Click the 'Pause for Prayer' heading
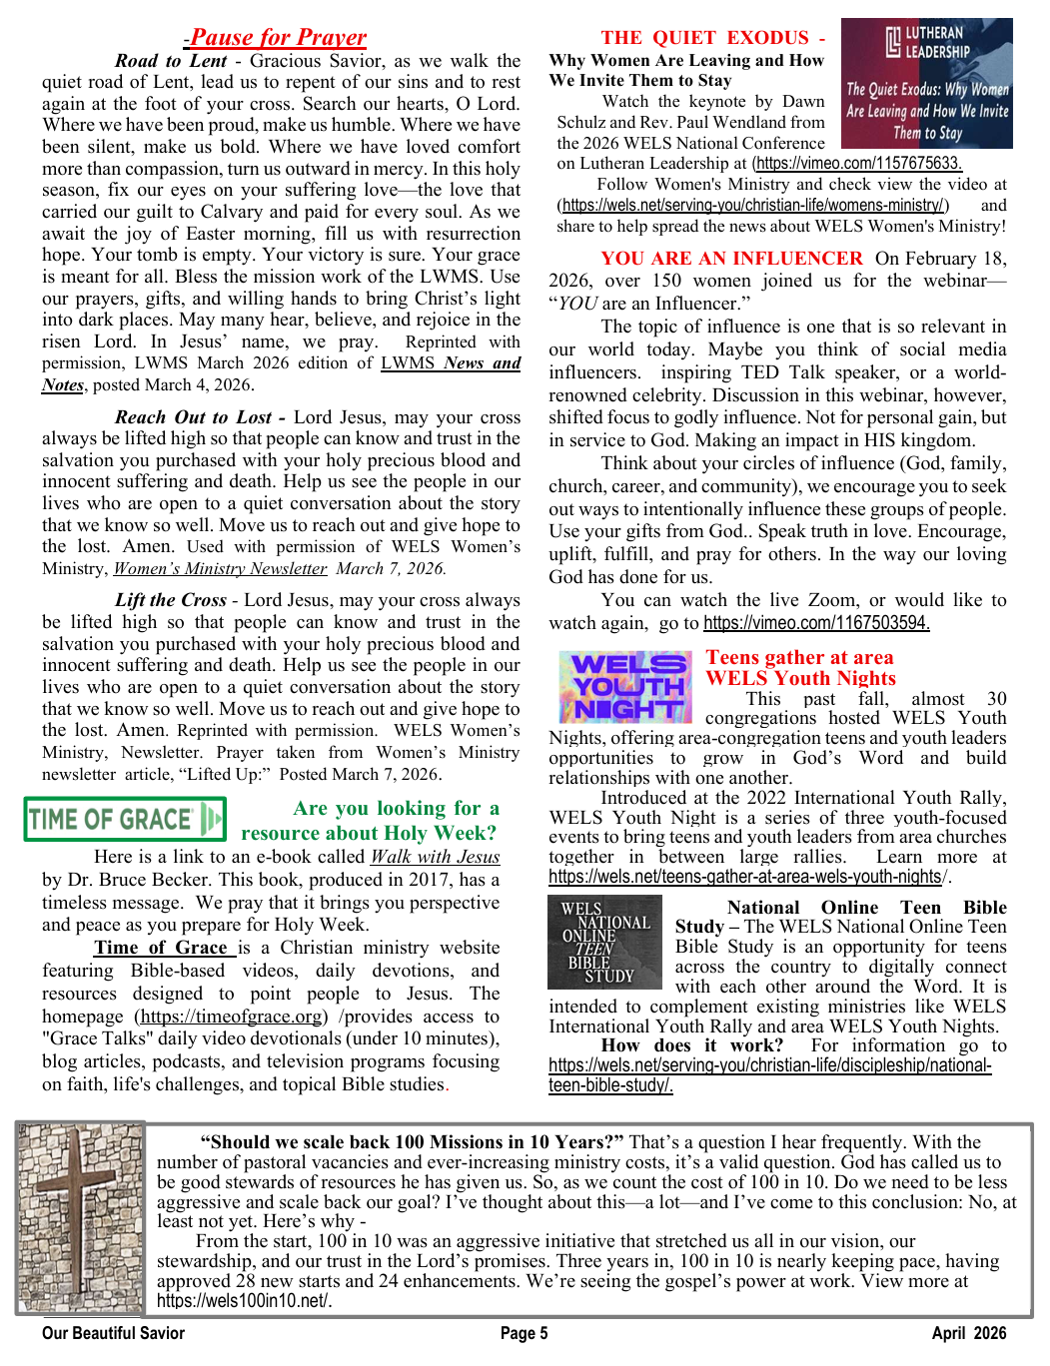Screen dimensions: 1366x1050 pyautogui.click(x=278, y=38)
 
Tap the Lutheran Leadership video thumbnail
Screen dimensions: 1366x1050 pyautogui.click(x=927, y=83)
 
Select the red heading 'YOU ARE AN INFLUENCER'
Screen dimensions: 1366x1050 pyautogui.click(x=731, y=259)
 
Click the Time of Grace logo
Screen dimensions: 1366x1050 pyautogui.click(x=125, y=819)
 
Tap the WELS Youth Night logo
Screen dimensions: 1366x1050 pyautogui.click(x=625, y=687)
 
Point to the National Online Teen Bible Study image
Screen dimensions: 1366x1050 pyautogui.click(x=605, y=942)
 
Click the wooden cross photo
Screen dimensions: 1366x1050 pyautogui.click(x=80, y=1217)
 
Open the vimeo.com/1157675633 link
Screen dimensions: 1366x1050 pyautogui.click(x=858, y=164)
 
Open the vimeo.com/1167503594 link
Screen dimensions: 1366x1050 pyautogui.click(x=816, y=623)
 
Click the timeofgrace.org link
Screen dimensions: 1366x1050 pyautogui.click(x=232, y=1017)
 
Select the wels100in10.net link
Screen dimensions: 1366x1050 pyautogui.click(x=243, y=1300)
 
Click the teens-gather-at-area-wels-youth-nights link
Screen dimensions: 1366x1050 pyautogui.click(x=746, y=877)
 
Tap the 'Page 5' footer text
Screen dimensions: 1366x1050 pyautogui.click(x=524, y=1333)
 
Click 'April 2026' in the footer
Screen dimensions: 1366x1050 pyautogui.click(x=968, y=1333)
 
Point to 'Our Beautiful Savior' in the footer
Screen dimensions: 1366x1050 pyautogui.click(x=113, y=1333)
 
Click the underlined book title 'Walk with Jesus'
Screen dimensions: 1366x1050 pyautogui.click(x=435, y=857)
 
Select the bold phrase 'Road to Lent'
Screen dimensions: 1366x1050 pyautogui.click(x=171, y=61)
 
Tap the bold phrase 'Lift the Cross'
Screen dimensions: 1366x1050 pyautogui.click(x=170, y=600)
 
